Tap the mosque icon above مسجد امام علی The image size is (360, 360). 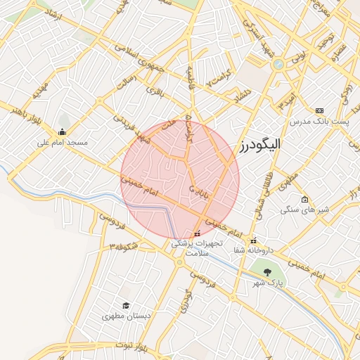(63, 131)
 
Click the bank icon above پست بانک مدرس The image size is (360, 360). (320, 111)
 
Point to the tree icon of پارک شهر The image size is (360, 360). (266, 271)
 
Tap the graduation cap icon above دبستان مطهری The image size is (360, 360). (126, 305)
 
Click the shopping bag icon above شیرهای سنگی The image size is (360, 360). (304, 199)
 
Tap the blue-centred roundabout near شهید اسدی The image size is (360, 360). (279, 64)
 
